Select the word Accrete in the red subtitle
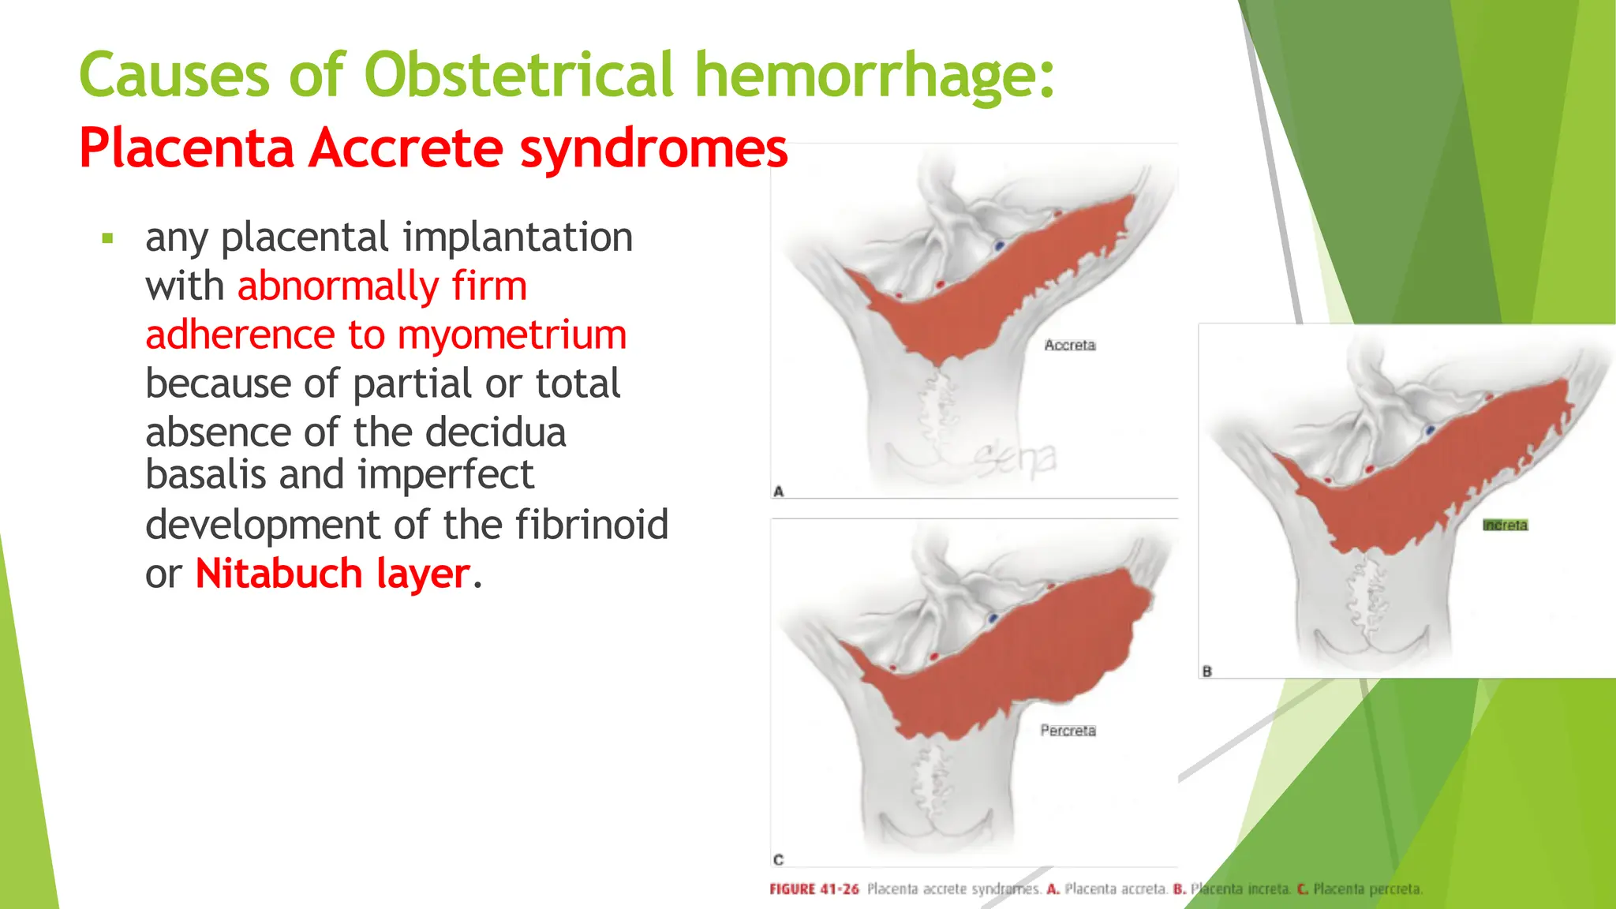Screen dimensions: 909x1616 [406, 148]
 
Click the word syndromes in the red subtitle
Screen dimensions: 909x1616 [653, 148]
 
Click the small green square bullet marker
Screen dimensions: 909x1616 [108, 238]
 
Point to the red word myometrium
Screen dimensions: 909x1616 [512, 335]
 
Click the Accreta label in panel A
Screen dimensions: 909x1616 [1069, 345]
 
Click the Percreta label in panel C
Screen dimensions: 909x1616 [1068, 731]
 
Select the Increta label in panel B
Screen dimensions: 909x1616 [1505, 526]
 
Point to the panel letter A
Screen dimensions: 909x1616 [779, 491]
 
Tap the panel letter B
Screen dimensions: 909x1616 [1206, 671]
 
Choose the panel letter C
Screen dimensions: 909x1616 [779, 859]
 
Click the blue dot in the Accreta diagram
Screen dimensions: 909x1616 [999, 246]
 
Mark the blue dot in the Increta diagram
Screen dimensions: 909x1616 [1430, 430]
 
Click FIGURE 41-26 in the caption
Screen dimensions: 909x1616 [814, 889]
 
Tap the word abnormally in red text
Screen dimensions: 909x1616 [338, 286]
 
